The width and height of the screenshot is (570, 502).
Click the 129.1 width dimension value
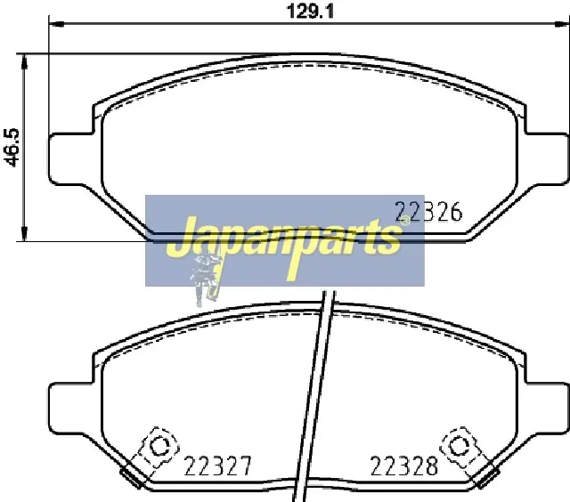pos(310,12)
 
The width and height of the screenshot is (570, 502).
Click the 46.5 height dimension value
pos(12,148)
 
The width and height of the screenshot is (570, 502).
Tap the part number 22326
pos(428,212)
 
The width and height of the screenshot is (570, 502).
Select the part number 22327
pos(217,466)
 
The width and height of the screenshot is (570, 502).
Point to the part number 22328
pos(403,466)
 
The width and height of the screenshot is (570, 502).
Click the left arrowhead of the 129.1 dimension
pos(56,24)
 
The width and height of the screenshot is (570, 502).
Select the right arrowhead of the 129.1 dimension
pos(561,24)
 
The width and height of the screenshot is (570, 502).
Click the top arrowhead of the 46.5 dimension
pos(24,61)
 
